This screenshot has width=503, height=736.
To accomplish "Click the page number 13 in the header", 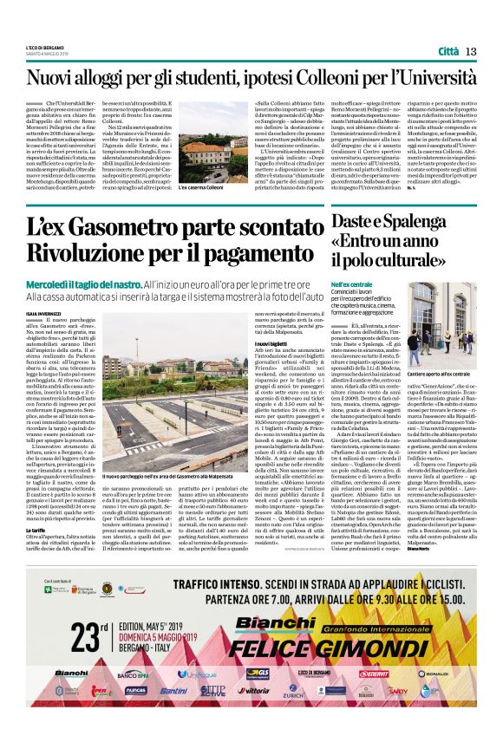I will [472, 51].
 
